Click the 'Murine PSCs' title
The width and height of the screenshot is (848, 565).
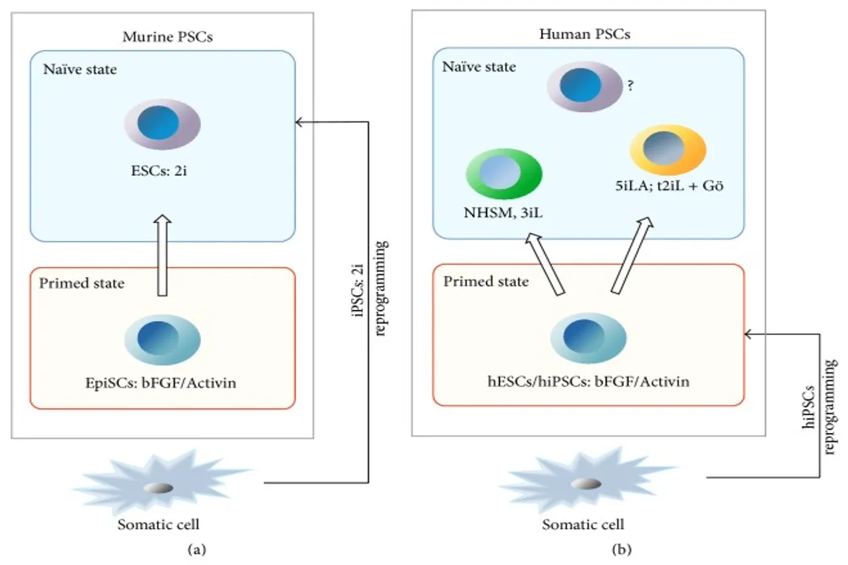point(163,37)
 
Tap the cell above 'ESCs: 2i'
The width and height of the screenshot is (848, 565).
point(163,124)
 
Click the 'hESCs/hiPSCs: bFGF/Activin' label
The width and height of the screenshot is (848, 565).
point(588,382)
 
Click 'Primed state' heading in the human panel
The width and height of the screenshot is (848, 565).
point(487,281)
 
